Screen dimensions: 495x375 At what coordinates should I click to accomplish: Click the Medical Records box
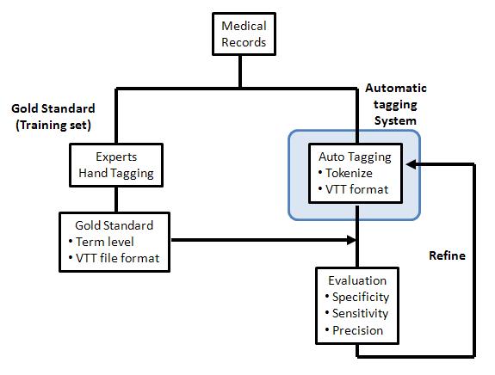(244, 34)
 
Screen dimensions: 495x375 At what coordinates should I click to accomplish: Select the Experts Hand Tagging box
(116, 165)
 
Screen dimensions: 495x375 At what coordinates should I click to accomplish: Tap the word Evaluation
(357, 280)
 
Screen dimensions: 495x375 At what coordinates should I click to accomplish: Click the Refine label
(447, 255)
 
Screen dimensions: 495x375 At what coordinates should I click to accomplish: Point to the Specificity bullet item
(357, 297)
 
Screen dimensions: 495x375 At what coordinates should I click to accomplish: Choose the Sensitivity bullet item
(356, 313)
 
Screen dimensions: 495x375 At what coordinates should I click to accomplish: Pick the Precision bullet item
(354, 330)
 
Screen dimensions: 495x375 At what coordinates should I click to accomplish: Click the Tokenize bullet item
(345, 173)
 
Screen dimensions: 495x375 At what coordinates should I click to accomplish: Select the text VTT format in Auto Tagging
(356, 189)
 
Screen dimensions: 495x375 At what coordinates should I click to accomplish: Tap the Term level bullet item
(101, 242)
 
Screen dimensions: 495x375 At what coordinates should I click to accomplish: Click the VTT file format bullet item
(114, 258)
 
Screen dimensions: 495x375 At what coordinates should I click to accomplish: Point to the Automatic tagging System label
(395, 104)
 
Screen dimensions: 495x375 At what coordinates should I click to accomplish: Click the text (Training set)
(53, 125)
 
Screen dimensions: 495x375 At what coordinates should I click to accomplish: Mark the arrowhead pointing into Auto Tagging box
(411, 164)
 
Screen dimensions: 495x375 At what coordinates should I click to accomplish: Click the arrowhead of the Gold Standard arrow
(351, 240)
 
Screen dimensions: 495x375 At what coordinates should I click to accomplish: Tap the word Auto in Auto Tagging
(331, 157)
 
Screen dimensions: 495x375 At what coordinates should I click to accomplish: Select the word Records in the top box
(244, 42)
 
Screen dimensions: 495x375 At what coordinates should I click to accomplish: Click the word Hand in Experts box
(89, 173)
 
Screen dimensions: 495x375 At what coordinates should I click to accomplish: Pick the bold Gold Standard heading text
(53, 108)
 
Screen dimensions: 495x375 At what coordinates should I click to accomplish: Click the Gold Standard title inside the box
(114, 225)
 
